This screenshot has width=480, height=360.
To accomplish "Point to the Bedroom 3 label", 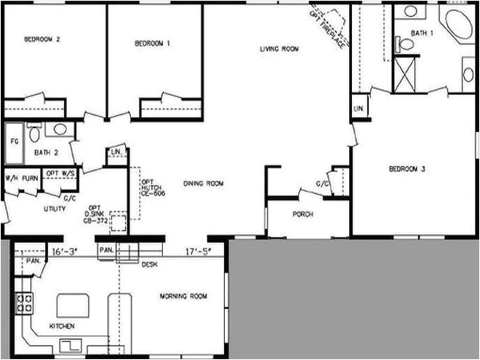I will (x=407, y=169).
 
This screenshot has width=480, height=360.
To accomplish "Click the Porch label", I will (x=303, y=214).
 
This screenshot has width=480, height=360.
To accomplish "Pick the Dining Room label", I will (x=203, y=184).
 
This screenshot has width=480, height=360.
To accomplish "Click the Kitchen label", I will (x=61, y=325).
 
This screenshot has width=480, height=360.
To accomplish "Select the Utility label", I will (x=54, y=209).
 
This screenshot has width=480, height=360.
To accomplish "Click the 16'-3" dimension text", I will (x=63, y=250).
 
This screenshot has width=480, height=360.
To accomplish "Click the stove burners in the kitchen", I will (x=25, y=303).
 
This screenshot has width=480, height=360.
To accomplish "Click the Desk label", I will (x=148, y=264).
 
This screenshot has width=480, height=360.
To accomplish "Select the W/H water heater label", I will (x=12, y=177).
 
